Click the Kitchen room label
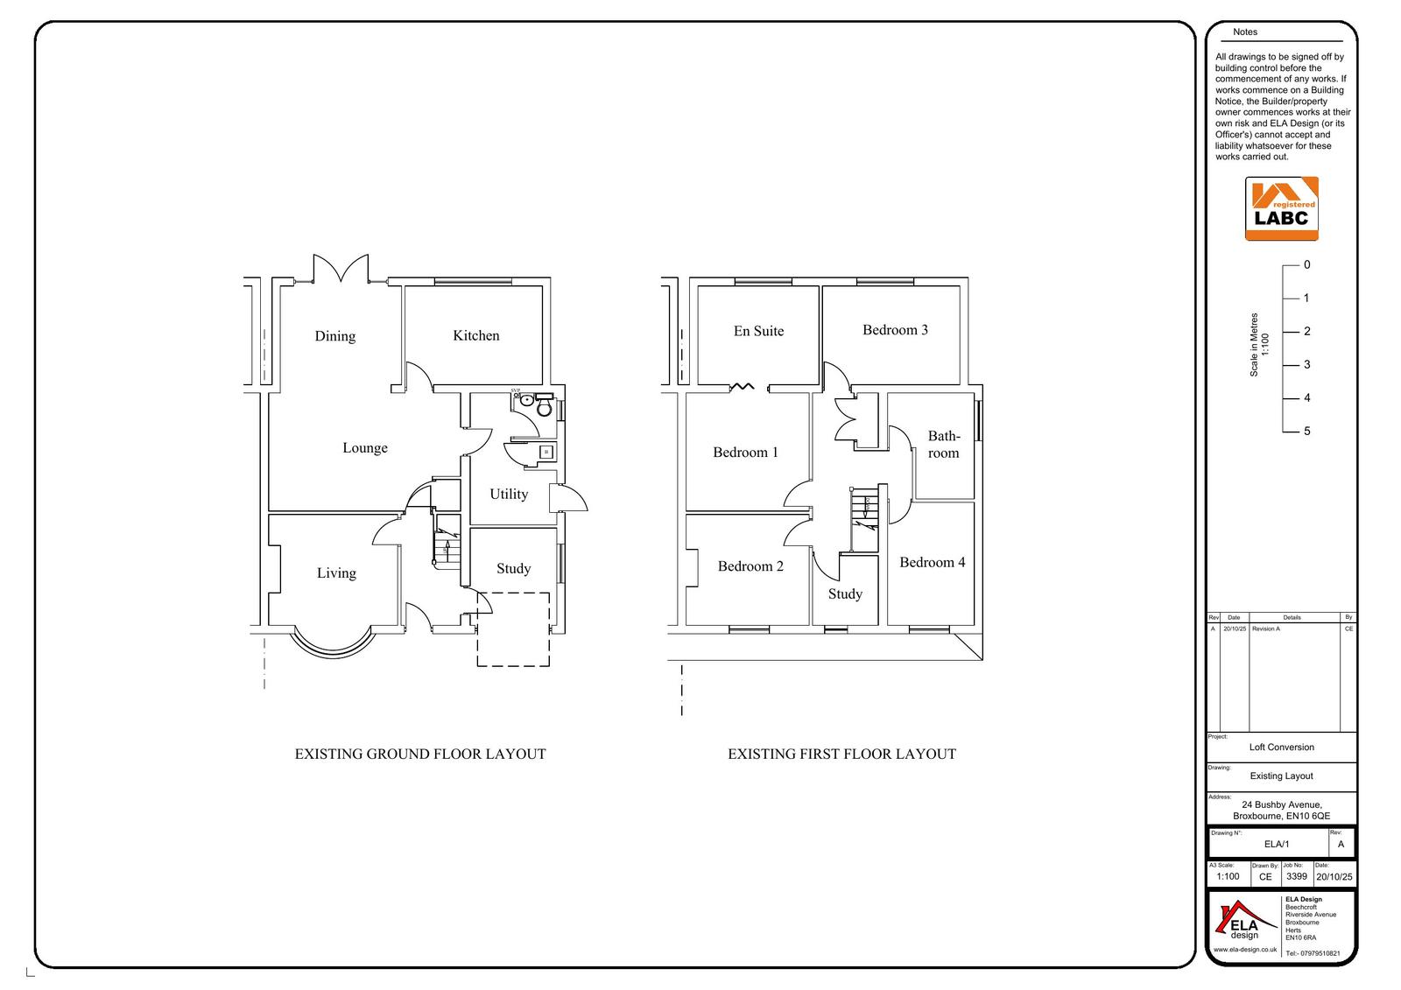[x=476, y=335]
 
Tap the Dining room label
[x=335, y=336]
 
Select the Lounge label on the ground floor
[x=365, y=448]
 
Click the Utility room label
[x=509, y=494]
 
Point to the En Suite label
[x=758, y=331]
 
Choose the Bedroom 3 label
[x=895, y=330]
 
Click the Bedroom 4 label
[x=932, y=562]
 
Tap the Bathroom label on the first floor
[x=944, y=445]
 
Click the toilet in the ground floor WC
[x=544, y=408]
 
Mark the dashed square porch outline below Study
[x=513, y=629]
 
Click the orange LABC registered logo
[x=1282, y=208]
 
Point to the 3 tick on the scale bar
[x=1291, y=364]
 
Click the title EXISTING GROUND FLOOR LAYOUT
[x=420, y=754]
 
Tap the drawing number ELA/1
[x=1277, y=845]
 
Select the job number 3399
[x=1296, y=876]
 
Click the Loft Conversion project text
[x=1281, y=748]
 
